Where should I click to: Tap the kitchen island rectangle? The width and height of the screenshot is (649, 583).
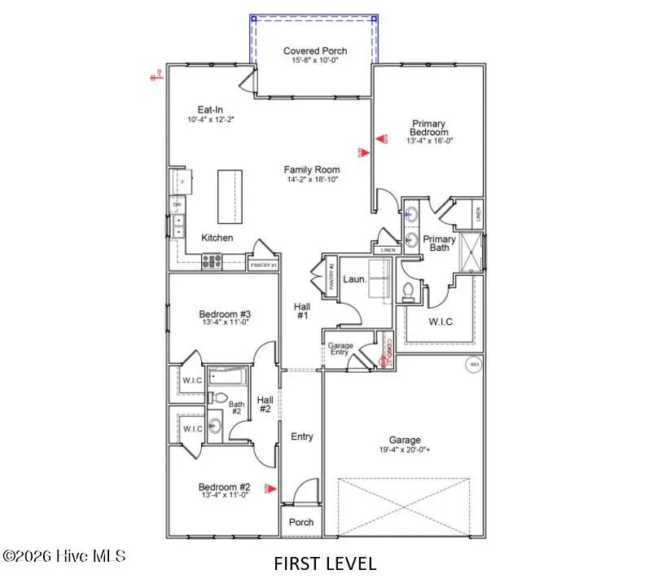pos(230,197)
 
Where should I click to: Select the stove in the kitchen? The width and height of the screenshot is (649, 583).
pos(212,262)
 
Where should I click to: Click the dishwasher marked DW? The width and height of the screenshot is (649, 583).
pos(175,205)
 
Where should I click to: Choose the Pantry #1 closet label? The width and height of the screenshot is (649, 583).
pos(263,265)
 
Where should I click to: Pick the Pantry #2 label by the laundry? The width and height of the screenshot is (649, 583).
pos(331,273)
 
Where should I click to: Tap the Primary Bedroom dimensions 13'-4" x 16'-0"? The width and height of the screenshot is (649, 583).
pos(429,140)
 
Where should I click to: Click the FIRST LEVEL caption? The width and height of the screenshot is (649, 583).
pos(325,563)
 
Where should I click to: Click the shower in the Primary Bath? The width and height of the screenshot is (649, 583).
pos(470,253)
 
